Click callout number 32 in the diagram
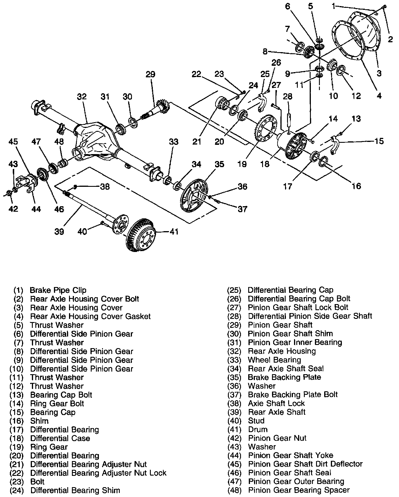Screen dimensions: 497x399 (x=82, y=96)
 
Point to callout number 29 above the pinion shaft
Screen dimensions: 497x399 (x=150, y=74)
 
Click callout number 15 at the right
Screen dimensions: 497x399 (x=379, y=141)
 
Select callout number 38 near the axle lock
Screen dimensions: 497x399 (x=105, y=187)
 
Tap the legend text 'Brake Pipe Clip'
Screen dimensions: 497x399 (x=58, y=290)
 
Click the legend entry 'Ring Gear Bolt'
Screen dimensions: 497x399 (x=57, y=403)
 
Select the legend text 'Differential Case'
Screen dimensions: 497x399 (x=60, y=438)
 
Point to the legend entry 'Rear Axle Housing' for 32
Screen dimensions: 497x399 (x=282, y=351)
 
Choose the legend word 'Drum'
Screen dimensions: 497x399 (x=258, y=430)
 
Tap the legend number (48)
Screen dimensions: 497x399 (x=234, y=490)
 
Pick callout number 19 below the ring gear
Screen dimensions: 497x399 (x=242, y=164)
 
